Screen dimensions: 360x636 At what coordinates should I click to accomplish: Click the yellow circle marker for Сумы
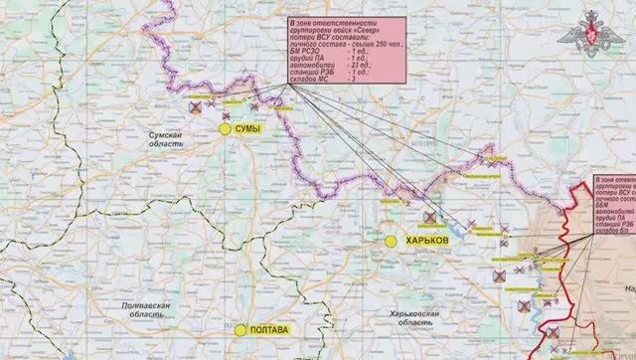click(225, 128)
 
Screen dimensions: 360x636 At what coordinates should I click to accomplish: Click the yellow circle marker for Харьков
click(391, 241)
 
